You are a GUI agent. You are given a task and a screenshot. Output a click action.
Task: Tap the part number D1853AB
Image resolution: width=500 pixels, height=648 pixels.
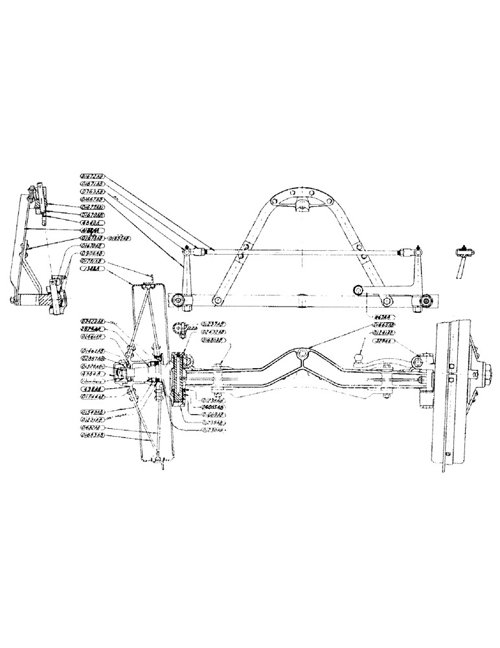click(122, 238)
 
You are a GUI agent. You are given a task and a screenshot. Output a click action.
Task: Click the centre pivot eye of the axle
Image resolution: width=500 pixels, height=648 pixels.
click(300, 354)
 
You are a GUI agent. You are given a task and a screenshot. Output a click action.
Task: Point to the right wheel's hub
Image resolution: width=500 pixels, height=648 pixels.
click(481, 372)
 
